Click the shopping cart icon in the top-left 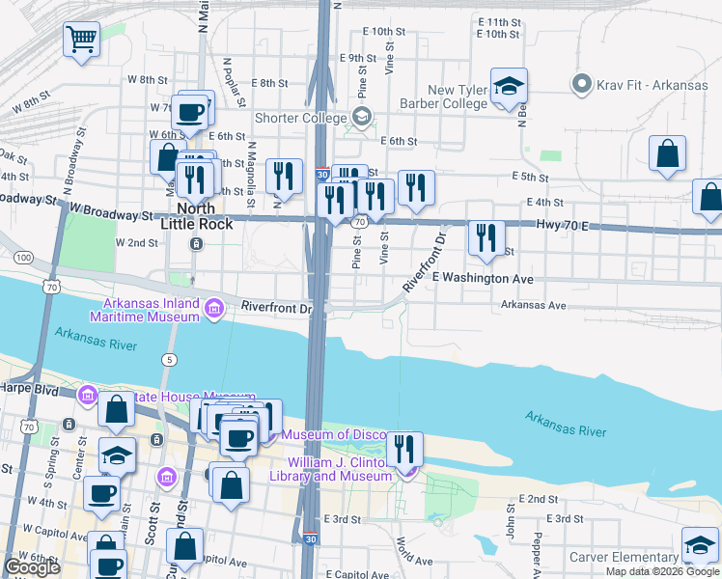coord(82,40)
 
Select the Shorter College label coord(300,118)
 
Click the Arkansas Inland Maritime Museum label coord(145,309)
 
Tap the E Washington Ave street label coord(482,278)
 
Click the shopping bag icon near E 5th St coord(667,153)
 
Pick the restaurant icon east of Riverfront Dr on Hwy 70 coord(486,237)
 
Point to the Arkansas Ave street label coord(533,304)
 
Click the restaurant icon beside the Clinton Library coord(404,449)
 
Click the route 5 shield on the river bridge coord(170,360)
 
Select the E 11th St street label coord(498,20)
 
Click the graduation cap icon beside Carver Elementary coord(700,545)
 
